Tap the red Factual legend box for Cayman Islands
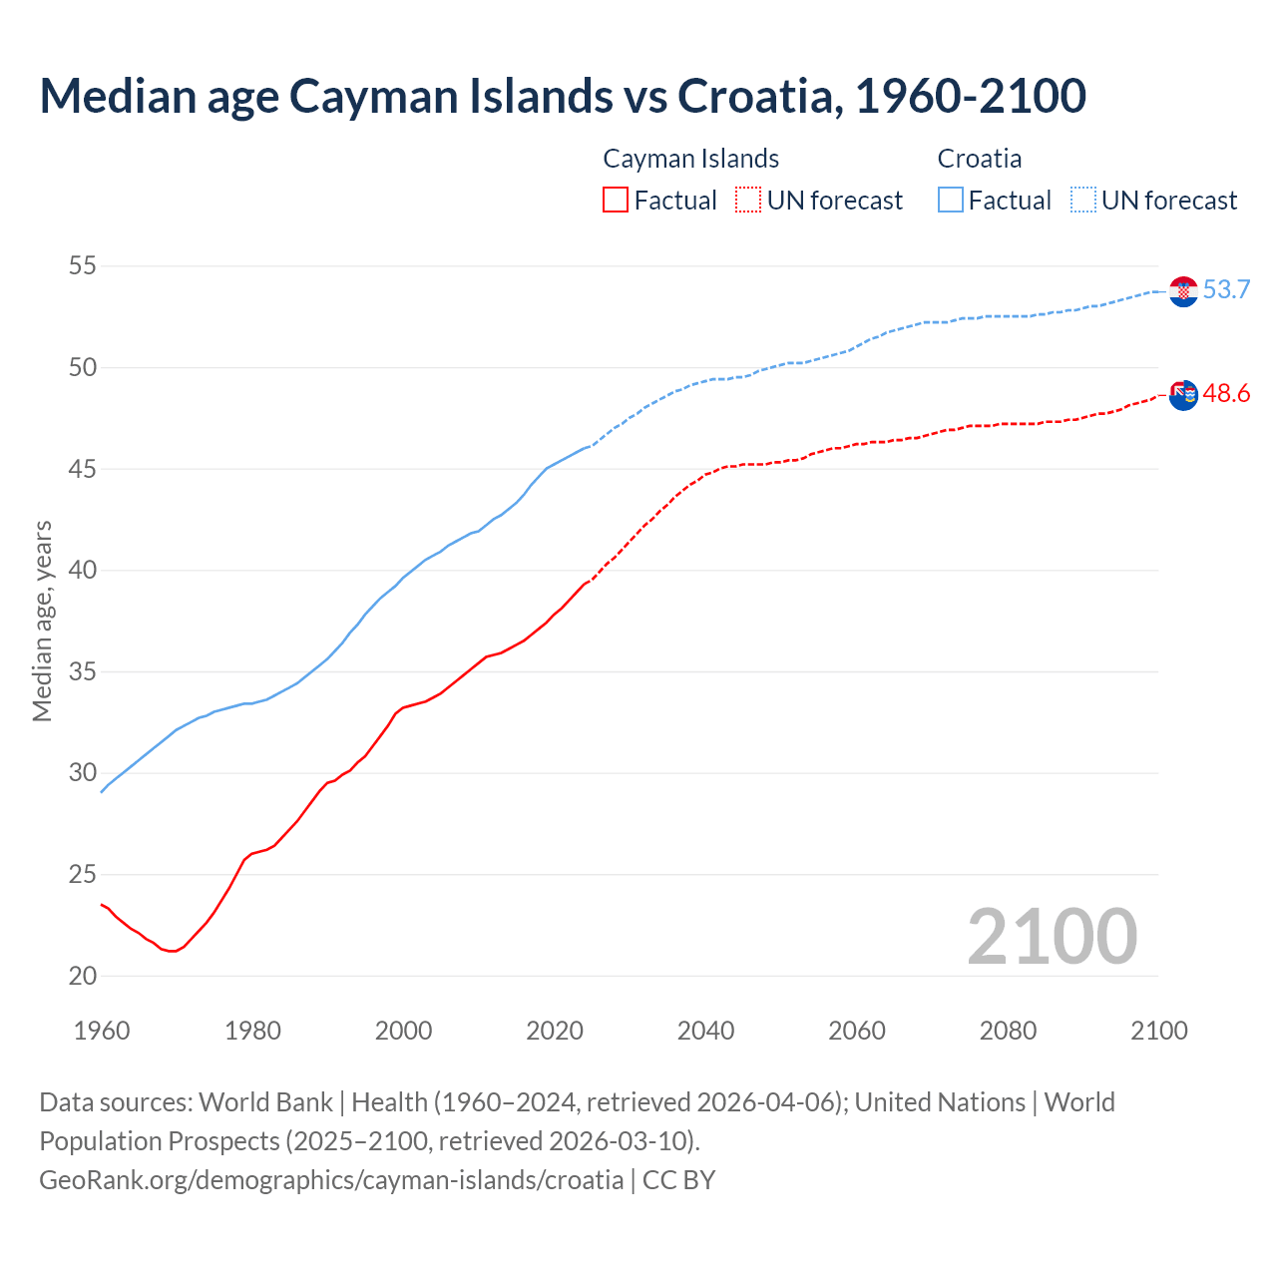(x=616, y=200)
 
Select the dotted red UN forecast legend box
(x=748, y=200)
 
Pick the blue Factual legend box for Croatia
(x=951, y=200)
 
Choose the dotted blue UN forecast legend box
(x=1082, y=200)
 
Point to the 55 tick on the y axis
(x=83, y=266)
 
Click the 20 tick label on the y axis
(x=83, y=976)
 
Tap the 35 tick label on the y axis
(x=83, y=671)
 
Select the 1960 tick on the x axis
(x=102, y=1031)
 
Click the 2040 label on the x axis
(x=705, y=1031)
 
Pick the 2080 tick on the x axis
(x=1008, y=1031)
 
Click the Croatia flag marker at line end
(x=1183, y=291)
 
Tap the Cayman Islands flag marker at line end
(x=1183, y=395)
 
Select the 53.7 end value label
(x=1226, y=290)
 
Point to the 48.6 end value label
(x=1226, y=394)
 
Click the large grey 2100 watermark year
(x=1052, y=937)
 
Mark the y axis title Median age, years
(x=42, y=621)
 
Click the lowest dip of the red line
(x=173, y=951)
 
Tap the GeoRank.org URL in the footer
(x=331, y=1179)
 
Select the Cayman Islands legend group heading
(x=690, y=159)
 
